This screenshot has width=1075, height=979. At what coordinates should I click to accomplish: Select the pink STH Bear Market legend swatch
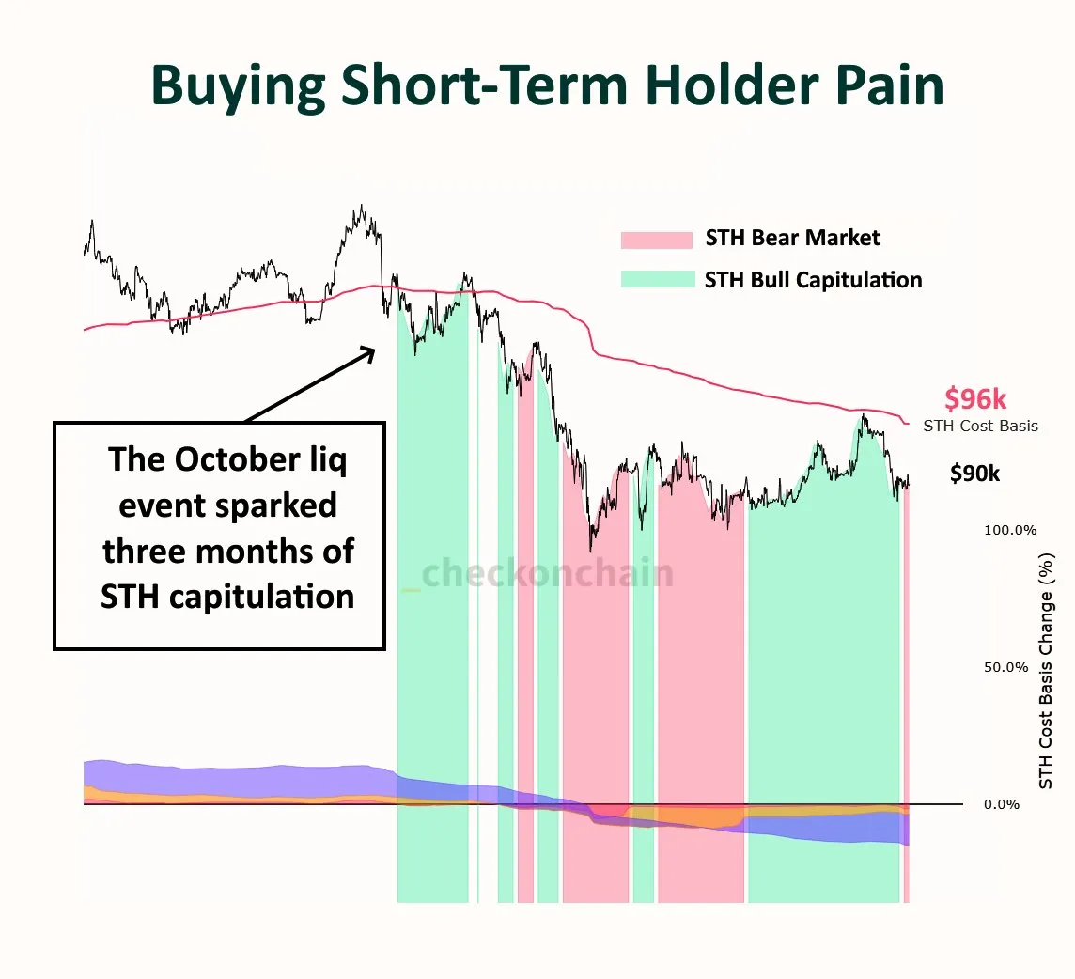point(656,240)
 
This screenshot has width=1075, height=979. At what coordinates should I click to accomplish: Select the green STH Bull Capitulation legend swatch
point(656,280)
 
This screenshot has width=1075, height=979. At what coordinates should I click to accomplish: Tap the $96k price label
point(975,400)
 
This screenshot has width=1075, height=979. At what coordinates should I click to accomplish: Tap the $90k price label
point(974,474)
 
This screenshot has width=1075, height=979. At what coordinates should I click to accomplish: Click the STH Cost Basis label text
point(980,426)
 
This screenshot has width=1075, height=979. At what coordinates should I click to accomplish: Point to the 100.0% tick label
point(1010,530)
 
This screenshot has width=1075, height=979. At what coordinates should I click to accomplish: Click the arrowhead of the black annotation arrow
point(368,352)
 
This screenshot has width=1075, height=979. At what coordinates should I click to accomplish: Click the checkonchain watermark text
point(547,572)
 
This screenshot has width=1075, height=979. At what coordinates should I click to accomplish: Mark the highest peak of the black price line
point(362,206)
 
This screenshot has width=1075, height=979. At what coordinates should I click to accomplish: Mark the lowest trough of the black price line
point(590,551)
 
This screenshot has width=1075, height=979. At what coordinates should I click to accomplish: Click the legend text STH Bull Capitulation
point(813,280)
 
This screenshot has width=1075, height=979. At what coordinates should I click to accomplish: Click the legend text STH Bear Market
point(792,239)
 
